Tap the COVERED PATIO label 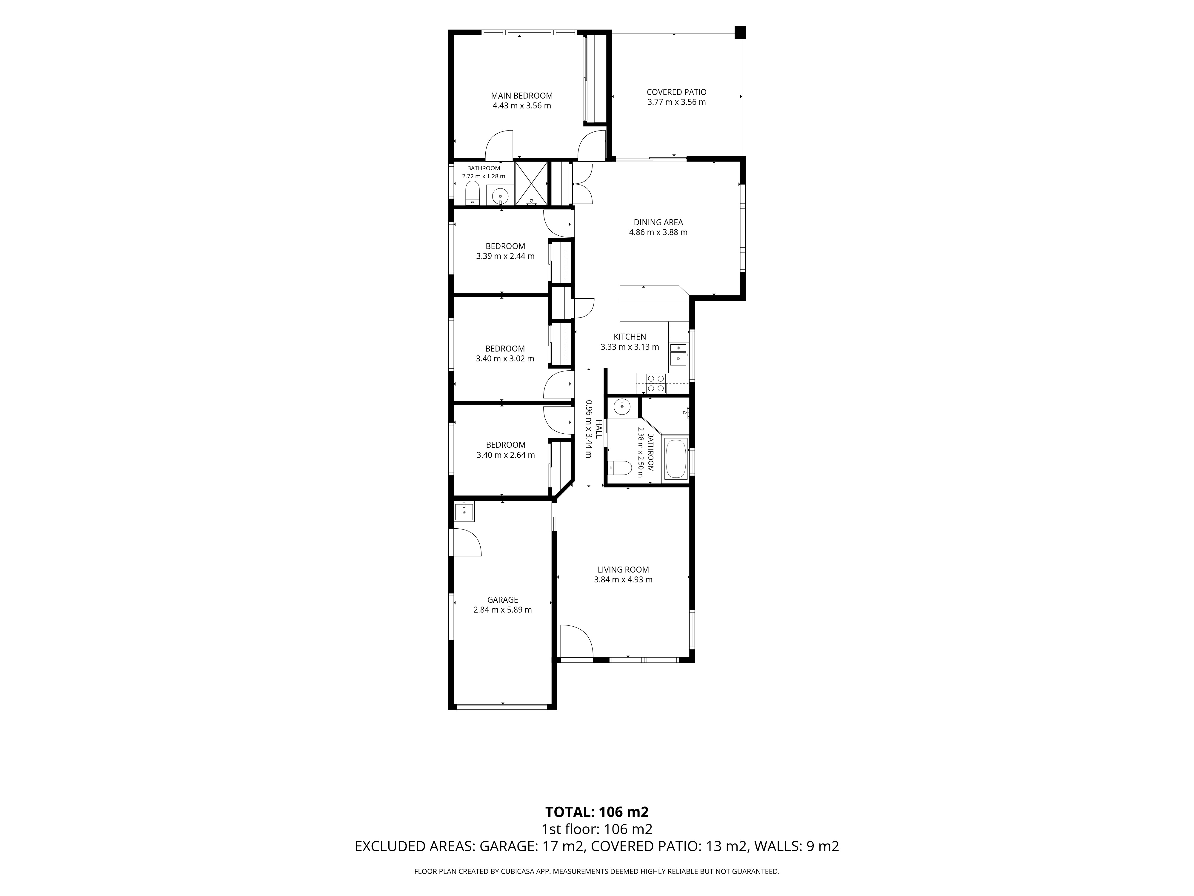(x=676, y=92)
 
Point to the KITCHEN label (x=629, y=337)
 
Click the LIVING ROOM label (x=623, y=569)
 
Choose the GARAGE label (x=503, y=599)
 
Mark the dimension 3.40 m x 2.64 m (x=505, y=455)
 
